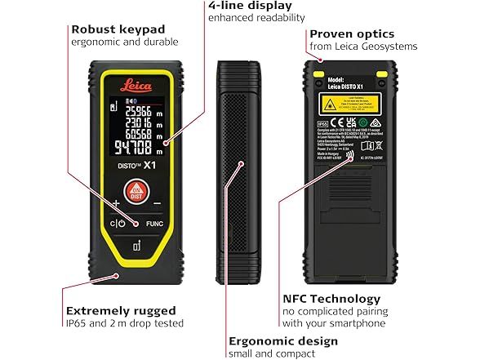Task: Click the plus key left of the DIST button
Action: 116,202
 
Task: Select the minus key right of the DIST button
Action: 157,202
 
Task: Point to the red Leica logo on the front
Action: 136,82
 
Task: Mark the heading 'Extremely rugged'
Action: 121,311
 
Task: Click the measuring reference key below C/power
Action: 136,247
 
